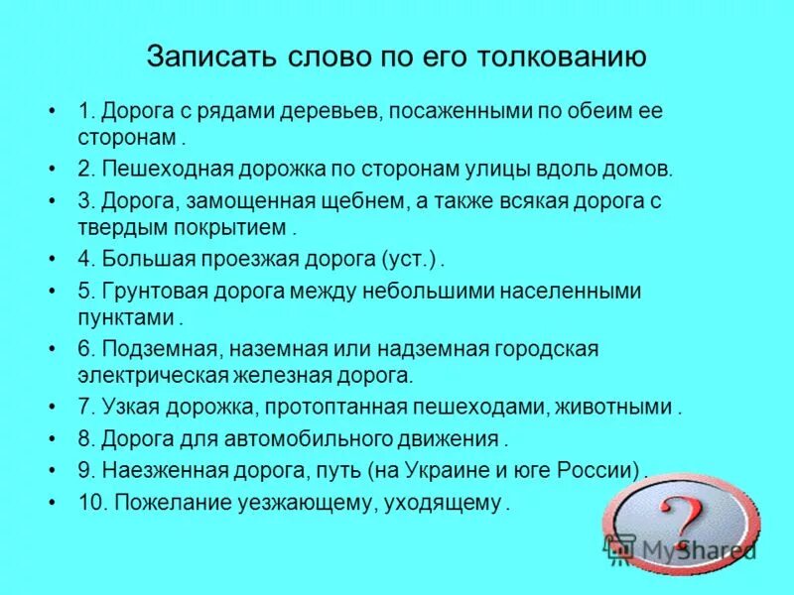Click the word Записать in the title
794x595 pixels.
pyautogui.click(x=203, y=56)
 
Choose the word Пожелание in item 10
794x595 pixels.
pyautogui.click(x=164, y=502)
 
